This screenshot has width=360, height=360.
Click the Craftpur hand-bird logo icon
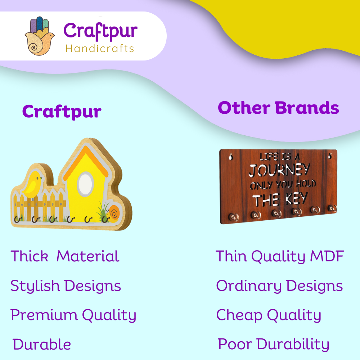coord(40,36)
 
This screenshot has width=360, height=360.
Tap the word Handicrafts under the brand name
coord(100,49)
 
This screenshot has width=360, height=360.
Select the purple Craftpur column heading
coord(62,112)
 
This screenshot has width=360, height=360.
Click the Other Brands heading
coord(278,108)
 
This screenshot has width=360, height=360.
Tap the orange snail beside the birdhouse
coord(113,214)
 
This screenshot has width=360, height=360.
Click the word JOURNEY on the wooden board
coord(279,170)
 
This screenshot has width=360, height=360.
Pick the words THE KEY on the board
coord(280,198)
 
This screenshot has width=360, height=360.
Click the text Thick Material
coord(65,256)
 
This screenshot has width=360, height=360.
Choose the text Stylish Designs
coord(66,286)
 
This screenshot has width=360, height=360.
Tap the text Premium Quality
coord(73,315)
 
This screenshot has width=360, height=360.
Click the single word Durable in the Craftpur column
coord(42,345)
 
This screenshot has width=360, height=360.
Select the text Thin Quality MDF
coord(280,256)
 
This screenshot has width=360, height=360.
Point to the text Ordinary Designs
coord(279,286)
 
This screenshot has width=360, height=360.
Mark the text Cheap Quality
coord(269,315)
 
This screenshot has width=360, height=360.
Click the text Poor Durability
coord(273,345)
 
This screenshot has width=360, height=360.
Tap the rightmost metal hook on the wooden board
coord(332,208)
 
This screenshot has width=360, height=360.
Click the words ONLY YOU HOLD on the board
coord(283,185)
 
